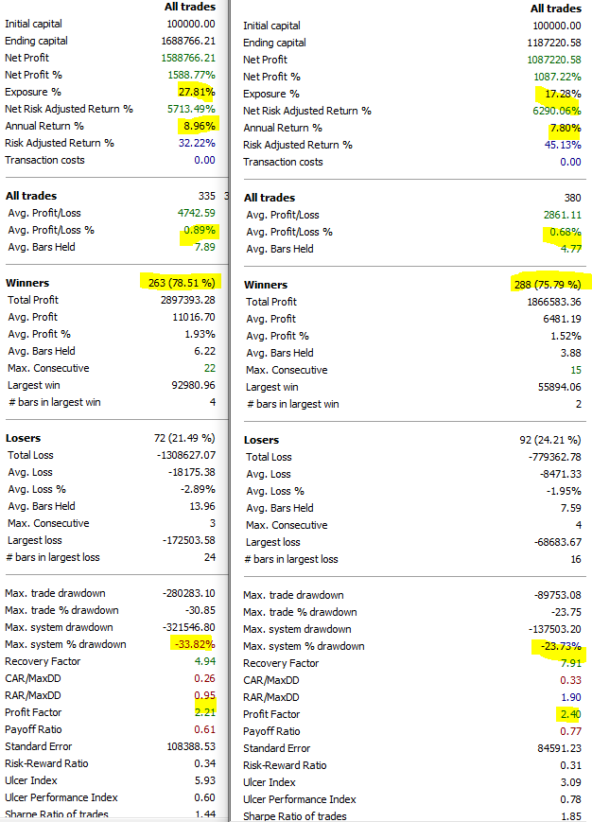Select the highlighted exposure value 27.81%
(197, 92)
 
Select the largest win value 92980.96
(190, 385)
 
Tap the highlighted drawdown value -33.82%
(193, 644)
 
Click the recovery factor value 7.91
(568, 663)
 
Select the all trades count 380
(572, 197)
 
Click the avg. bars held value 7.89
(203, 247)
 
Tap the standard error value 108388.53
(188, 746)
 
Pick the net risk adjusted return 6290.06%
(553, 111)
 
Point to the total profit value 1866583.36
(548, 302)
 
